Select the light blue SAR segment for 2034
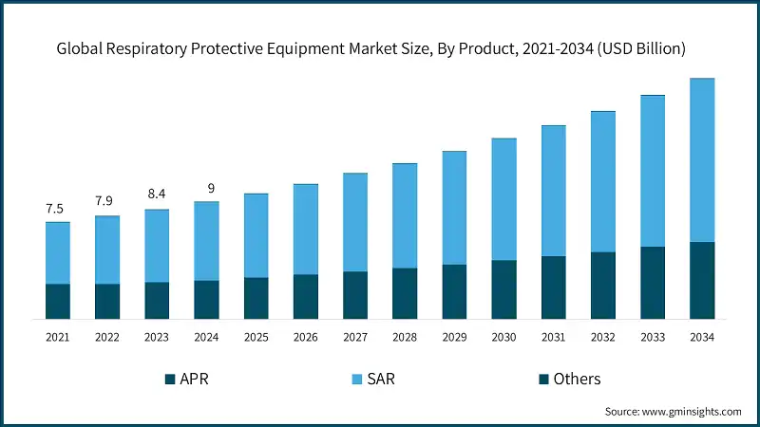(702, 159)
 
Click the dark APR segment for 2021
(58, 300)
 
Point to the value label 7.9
(107, 201)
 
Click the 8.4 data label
(157, 195)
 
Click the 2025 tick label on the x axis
(256, 336)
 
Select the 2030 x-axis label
(503, 336)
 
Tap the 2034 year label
(702, 336)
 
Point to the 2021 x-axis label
(58, 336)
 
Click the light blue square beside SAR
(357, 380)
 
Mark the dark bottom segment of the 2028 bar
(405, 292)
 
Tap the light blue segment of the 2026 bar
(305, 229)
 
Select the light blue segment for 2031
(553, 190)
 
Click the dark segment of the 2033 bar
(653, 282)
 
